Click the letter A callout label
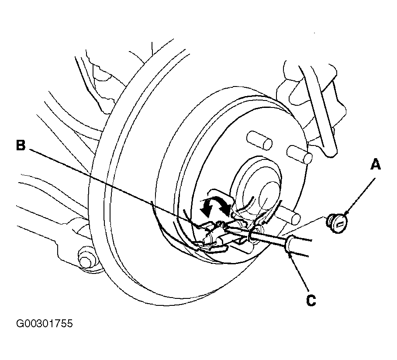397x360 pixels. click(x=376, y=164)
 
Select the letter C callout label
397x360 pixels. click(x=311, y=301)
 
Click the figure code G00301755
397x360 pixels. click(x=45, y=323)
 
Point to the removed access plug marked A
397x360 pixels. click(x=336, y=223)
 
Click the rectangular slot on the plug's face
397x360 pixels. click(x=340, y=224)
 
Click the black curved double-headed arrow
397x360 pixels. click(x=214, y=205)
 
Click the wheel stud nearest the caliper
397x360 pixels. click(x=299, y=155)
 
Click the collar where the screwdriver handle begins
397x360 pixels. click(x=290, y=244)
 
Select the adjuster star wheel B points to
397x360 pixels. click(x=213, y=235)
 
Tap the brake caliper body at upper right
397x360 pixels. click(x=311, y=107)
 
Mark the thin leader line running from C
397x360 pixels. click(x=299, y=273)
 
